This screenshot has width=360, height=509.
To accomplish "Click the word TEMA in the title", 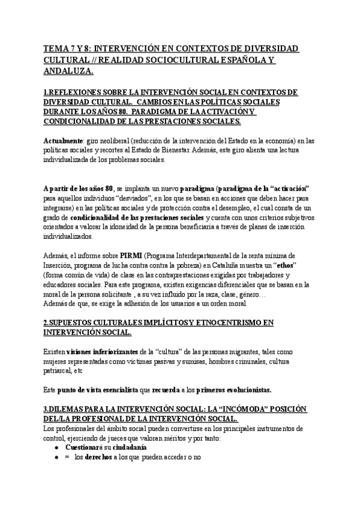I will (56, 48).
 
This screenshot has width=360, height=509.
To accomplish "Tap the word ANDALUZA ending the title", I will (68, 71).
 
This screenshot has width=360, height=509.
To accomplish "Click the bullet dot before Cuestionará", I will (56, 448).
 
